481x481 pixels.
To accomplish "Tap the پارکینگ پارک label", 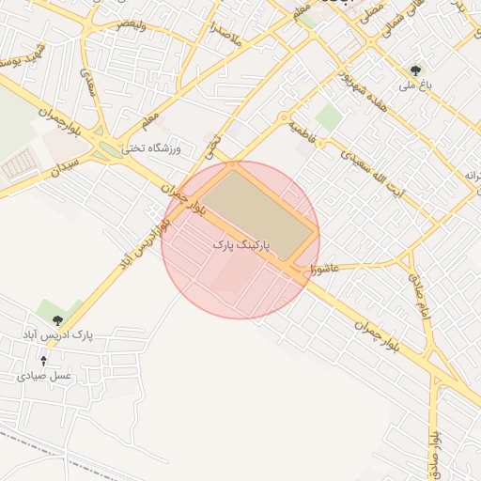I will pos(241,244).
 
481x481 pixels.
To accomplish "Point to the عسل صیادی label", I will pos(43,375).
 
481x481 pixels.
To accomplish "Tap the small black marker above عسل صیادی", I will pos(43,360).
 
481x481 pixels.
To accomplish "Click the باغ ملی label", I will pos(414,85).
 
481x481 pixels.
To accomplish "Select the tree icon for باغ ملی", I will pos(415,70).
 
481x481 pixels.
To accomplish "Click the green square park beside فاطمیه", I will pos(328,117).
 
